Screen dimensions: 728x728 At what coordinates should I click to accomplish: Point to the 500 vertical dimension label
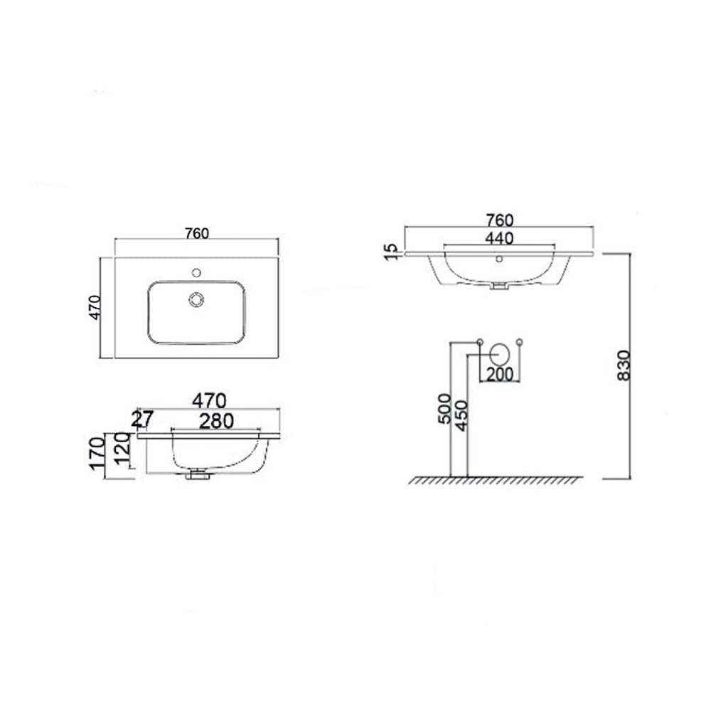coord(444,408)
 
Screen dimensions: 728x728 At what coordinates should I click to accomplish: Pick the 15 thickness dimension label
coord(391,252)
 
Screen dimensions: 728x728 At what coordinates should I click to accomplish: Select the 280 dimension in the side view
coord(215,422)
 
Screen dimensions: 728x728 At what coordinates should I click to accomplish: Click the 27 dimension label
coord(142,419)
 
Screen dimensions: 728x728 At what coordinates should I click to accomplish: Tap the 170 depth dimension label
coord(97,452)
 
